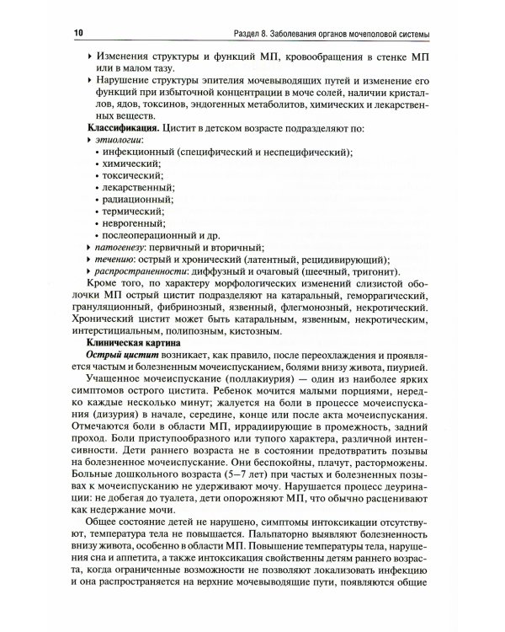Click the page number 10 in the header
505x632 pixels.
pos(80,33)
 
